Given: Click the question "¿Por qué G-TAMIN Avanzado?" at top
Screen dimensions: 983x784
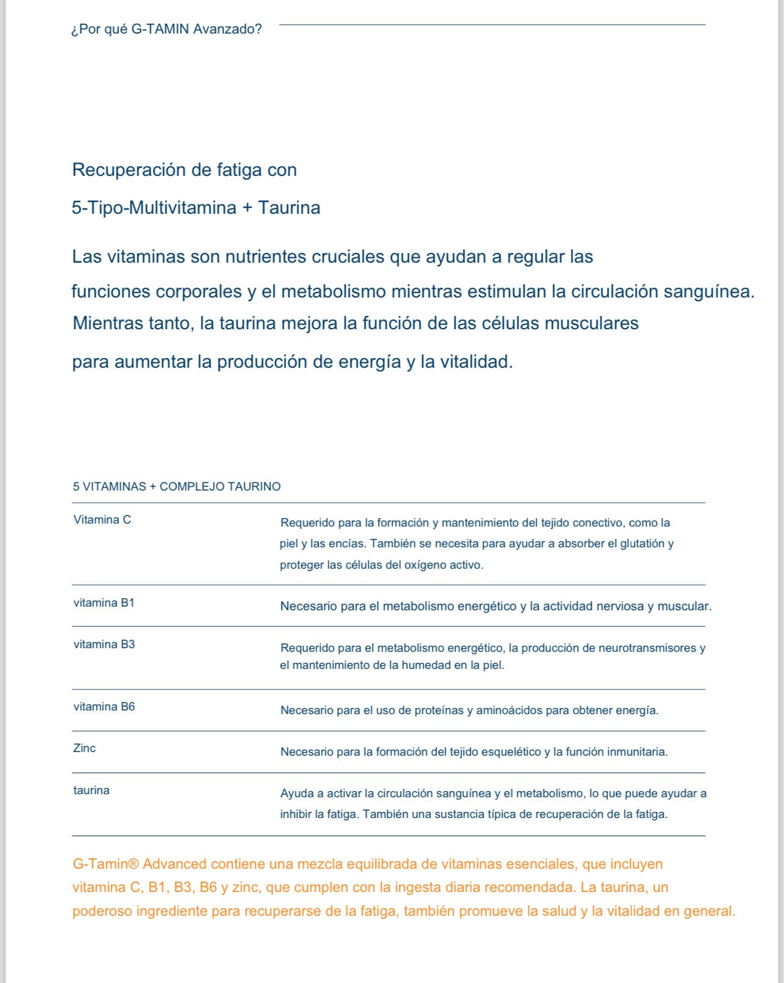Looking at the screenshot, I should pyautogui.click(x=167, y=29).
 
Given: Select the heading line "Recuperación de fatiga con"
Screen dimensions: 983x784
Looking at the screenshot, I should pyautogui.click(x=184, y=170).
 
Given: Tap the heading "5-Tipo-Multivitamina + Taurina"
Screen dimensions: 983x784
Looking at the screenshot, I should pyautogui.click(x=196, y=208).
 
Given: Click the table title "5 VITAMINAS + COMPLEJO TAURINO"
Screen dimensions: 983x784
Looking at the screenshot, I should pyautogui.click(x=177, y=487).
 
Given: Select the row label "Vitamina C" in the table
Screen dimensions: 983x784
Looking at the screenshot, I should pyautogui.click(x=103, y=520).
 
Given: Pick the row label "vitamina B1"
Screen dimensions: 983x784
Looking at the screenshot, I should pyautogui.click(x=104, y=603).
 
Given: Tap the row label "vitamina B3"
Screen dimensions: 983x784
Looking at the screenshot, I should pyautogui.click(x=104, y=645).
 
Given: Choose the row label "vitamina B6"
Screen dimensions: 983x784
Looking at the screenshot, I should pyautogui.click(x=104, y=707).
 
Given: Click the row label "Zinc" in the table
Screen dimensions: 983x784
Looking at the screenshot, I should pyautogui.click(x=84, y=748).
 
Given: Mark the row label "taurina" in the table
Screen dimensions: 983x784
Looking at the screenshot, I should pyautogui.click(x=92, y=791).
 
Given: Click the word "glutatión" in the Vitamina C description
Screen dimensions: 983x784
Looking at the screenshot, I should pyautogui.click(x=642, y=544).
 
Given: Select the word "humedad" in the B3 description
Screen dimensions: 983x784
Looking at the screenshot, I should pyautogui.click(x=429, y=665).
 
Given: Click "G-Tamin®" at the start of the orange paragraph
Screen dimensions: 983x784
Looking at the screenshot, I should pyautogui.click(x=106, y=864).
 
